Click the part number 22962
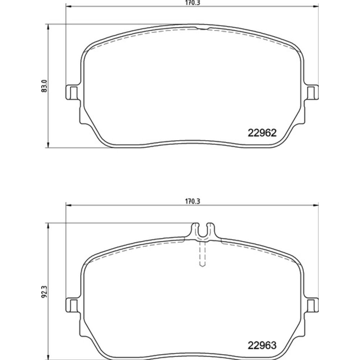262,133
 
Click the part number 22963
262,345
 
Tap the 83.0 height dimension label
44,86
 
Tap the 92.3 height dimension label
44,292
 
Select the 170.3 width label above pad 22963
192,201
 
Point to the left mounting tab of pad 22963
73,305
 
